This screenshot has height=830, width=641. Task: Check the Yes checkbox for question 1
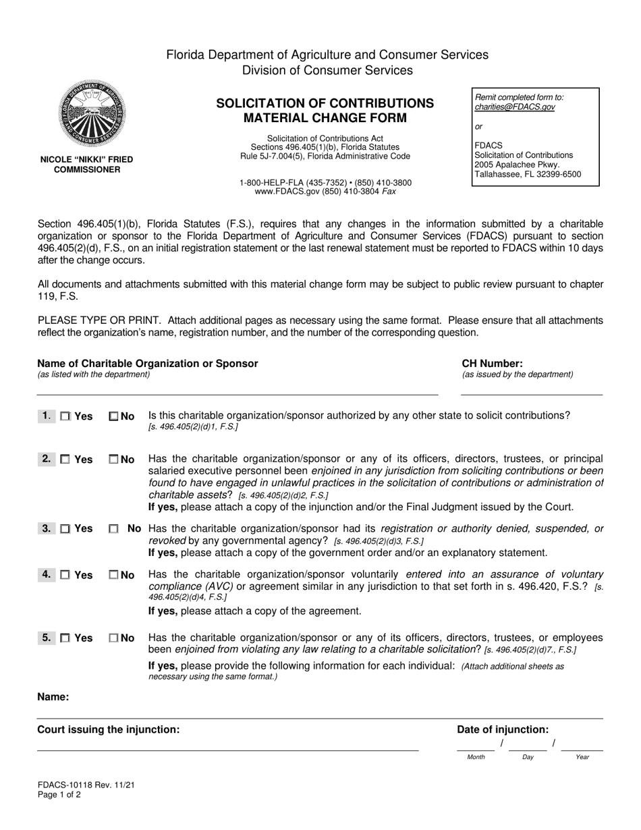point(65,417)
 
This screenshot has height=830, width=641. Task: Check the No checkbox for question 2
point(113,460)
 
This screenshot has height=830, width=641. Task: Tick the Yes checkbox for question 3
point(65,530)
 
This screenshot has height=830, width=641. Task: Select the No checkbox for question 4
point(113,576)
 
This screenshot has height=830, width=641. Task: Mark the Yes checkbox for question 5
point(65,638)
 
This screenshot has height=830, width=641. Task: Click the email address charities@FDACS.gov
point(514,107)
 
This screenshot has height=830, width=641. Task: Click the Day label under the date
point(528,757)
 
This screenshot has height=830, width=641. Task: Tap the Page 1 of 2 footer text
point(59,795)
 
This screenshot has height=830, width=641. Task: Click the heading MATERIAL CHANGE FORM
point(325,118)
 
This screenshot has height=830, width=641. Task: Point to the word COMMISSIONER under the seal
point(86,169)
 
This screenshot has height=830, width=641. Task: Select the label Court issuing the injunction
point(108,729)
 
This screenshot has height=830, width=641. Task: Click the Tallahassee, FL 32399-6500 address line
point(527,174)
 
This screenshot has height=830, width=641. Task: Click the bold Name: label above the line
point(53,697)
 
